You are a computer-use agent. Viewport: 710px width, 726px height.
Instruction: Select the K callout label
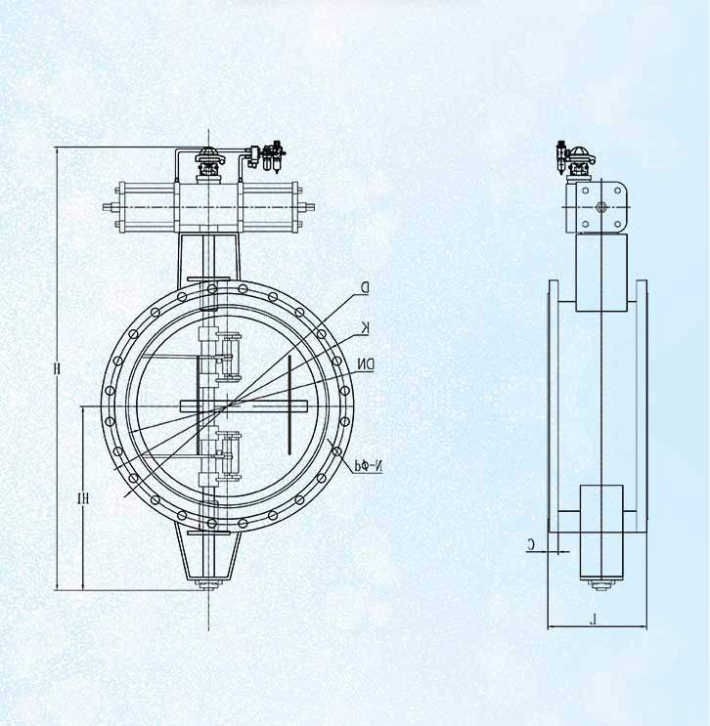(x=365, y=325)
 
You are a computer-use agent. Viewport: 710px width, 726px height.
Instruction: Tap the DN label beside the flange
(x=365, y=364)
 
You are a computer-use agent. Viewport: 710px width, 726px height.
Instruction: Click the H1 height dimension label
(x=85, y=498)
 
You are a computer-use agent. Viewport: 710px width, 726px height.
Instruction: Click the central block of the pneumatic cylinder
(x=208, y=208)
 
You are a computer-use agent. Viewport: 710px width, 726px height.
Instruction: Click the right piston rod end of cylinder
(x=311, y=207)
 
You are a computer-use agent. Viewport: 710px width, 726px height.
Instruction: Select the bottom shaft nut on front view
(x=206, y=585)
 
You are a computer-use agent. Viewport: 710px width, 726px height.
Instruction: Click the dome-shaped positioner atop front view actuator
(x=207, y=153)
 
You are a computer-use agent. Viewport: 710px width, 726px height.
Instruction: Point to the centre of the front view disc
(x=228, y=405)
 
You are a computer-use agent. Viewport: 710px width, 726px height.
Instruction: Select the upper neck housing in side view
(x=599, y=274)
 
